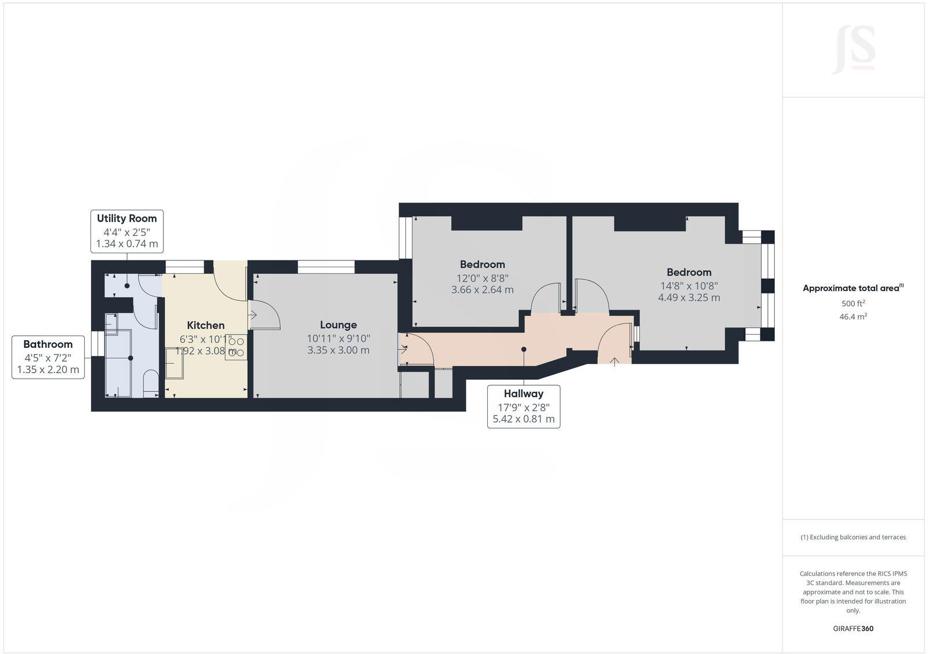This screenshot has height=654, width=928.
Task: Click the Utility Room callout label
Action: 127,231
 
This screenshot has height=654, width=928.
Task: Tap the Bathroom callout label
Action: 48,357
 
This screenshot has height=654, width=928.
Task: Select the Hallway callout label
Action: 523,406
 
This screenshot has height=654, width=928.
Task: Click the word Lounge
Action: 338,325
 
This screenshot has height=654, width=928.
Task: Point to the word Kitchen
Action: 205,325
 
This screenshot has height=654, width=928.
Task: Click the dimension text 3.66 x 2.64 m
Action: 482,290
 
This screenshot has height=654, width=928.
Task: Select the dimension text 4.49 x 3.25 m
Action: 688,297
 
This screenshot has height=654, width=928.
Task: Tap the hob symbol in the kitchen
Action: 236,347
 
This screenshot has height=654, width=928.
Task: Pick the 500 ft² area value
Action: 853,303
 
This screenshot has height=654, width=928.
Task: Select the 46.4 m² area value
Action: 853,317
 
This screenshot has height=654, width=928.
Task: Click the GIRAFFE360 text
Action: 853,628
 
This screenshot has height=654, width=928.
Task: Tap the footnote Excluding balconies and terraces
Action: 853,537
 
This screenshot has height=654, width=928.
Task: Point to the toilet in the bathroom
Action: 150,383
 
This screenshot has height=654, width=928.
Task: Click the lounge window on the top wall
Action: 326,267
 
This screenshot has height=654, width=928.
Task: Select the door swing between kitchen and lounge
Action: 264,315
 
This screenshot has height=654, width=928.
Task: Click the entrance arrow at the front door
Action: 614,361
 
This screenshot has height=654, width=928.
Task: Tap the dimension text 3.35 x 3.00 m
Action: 338,350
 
